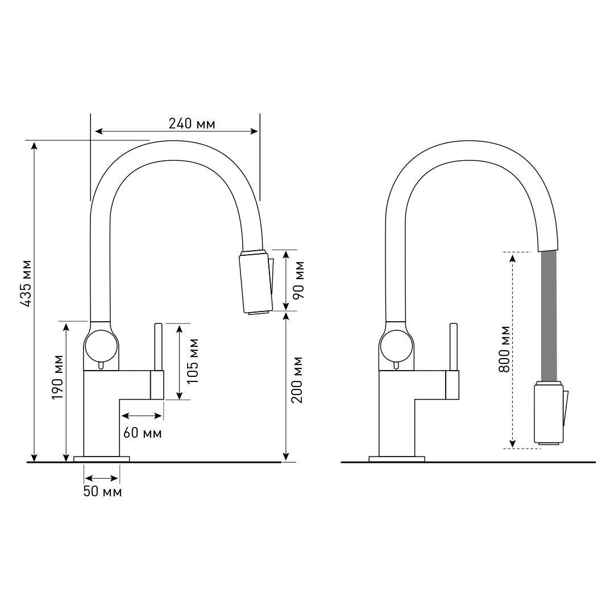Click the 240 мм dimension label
coord(192,123)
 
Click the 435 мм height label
coord(25,284)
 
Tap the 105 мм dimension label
coord(193,361)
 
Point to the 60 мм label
coord(143,433)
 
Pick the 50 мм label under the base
coord(102,492)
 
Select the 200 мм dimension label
coord(297,380)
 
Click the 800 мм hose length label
coord(504,349)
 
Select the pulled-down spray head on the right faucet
coord(549,413)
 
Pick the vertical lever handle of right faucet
coord(453,347)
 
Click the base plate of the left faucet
coord(102,459)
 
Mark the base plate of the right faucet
coord(397,459)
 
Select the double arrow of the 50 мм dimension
coord(102,479)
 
